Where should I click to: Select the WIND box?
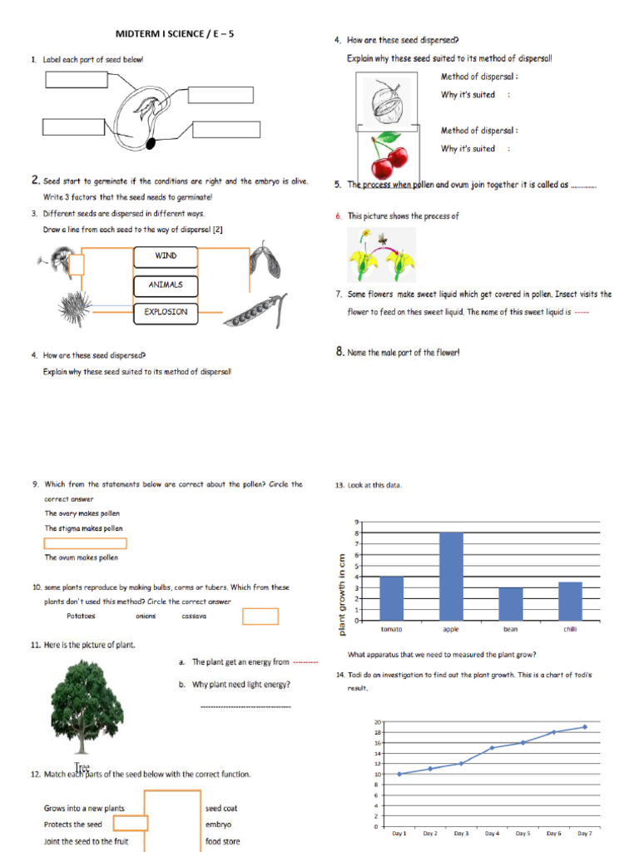point(166,256)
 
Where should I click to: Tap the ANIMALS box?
point(166,285)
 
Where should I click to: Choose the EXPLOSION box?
point(166,313)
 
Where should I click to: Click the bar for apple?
point(451,576)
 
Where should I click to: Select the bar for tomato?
point(391,598)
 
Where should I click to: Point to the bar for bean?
point(510,603)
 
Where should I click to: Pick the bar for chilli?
point(570,601)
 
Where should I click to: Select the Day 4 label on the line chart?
point(492,833)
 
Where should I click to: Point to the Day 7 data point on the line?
point(585,727)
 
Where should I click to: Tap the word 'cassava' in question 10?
point(193,617)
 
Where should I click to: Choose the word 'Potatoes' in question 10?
point(81,617)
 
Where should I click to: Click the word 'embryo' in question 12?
point(218,825)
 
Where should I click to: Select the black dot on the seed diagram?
point(151,144)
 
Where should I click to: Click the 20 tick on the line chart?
point(377,722)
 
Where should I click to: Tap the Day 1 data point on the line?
point(399,774)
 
